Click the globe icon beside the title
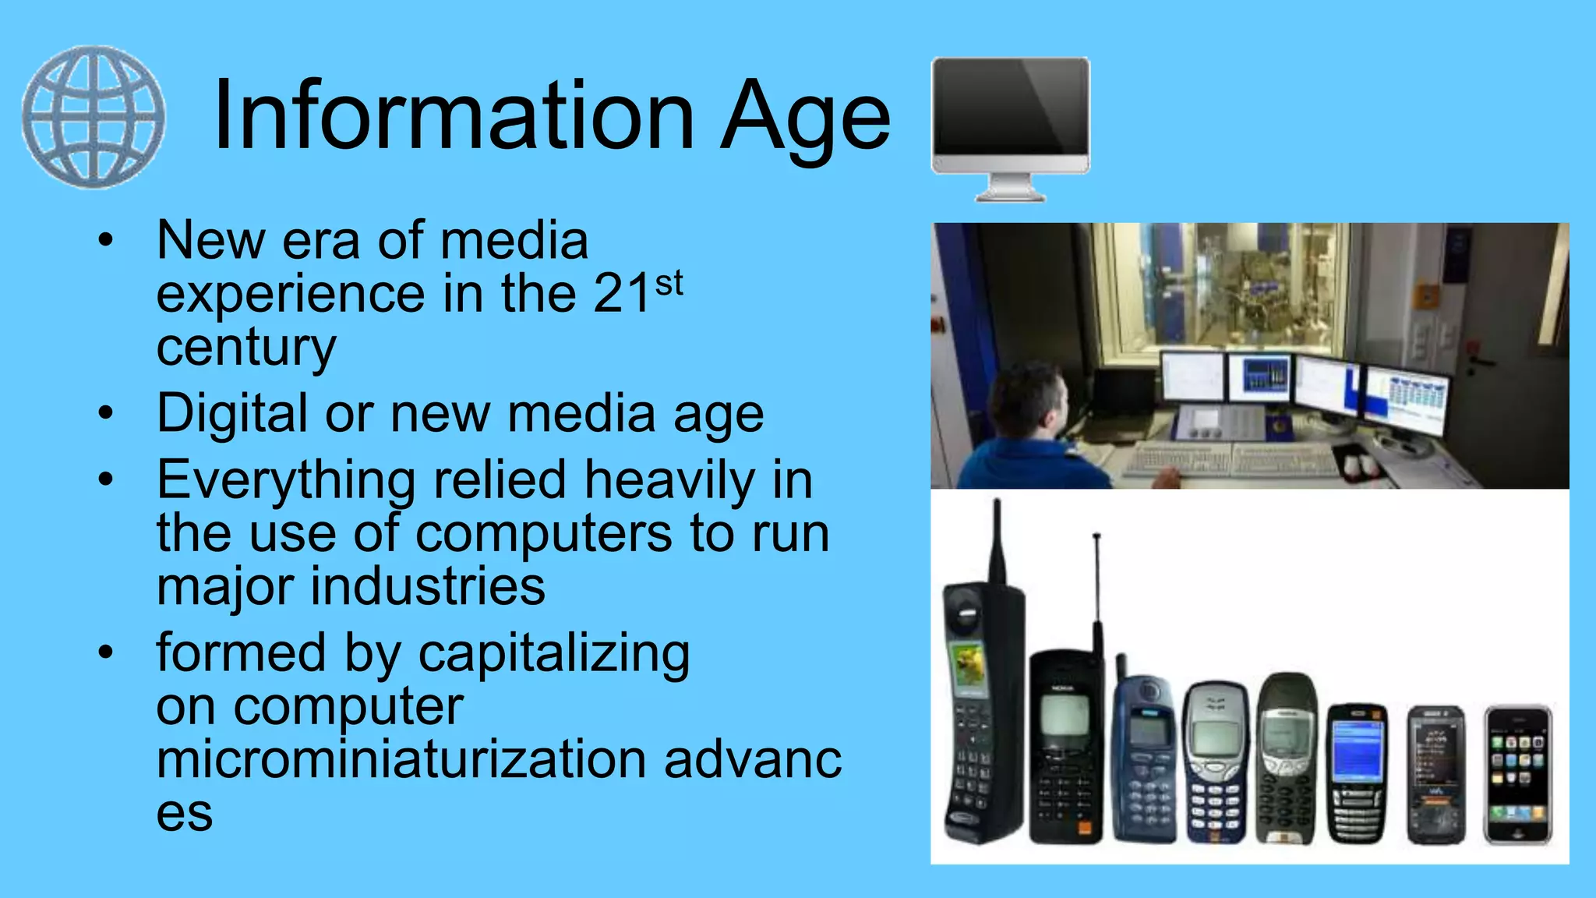[x=94, y=117]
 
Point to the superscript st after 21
[x=669, y=284]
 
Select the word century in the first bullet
[x=246, y=348]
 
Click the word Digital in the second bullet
[x=231, y=413]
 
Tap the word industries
[x=428, y=586]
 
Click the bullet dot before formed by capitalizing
[x=106, y=651]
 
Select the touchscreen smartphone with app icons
[x=1517, y=775]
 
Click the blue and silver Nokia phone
[x=1213, y=764]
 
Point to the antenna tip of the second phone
[x=1096, y=537]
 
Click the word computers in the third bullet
[x=543, y=534]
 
